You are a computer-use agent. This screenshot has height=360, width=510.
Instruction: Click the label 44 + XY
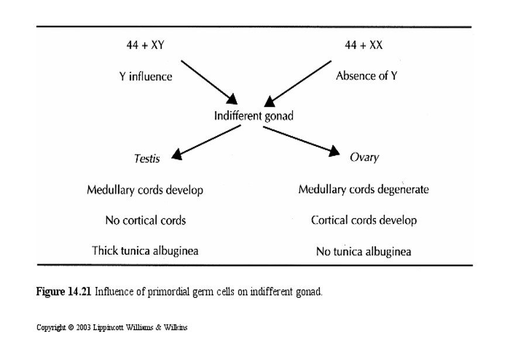pyautogui.click(x=145, y=45)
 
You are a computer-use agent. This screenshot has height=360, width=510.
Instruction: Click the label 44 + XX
pyautogui.click(x=363, y=45)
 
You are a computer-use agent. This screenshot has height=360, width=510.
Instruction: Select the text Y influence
pyautogui.click(x=146, y=76)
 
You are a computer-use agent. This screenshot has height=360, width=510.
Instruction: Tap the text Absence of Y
pyautogui.click(x=366, y=76)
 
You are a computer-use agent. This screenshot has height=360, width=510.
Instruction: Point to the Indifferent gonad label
pyautogui.click(x=253, y=116)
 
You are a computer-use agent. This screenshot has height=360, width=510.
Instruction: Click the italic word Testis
pyautogui.click(x=147, y=158)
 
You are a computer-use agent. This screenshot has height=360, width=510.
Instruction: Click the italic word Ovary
pyautogui.click(x=364, y=158)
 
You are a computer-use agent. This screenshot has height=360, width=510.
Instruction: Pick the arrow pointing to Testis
pyautogui.click(x=208, y=142)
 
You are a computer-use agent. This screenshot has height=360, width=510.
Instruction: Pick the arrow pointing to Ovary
pyautogui.click(x=301, y=141)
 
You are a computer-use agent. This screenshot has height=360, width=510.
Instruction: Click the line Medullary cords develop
pyautogui.click(x=145, y=190)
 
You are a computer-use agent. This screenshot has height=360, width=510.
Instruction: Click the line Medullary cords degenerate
pyautogui.click(x=363, y=190)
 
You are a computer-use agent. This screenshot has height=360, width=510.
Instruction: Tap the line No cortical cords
pyautogui.click(x=146, y=220)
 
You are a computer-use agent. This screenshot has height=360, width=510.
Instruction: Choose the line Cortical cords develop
pyautogui.click(x=364, y=220)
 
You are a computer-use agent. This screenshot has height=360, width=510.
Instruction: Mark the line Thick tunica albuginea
pyautogui.click(x=145, y=251)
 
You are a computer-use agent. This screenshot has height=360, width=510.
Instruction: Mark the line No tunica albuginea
pyautogui.click(x=363, y=252)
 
